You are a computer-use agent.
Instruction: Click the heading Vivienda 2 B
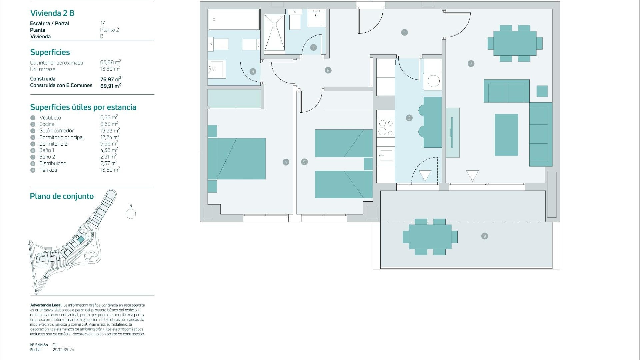52,13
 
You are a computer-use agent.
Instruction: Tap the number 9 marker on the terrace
485,236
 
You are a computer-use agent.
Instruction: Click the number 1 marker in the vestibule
404,32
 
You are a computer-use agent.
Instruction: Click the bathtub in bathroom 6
234,19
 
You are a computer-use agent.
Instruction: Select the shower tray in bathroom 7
274,32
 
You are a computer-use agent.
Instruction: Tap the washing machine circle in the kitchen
433,81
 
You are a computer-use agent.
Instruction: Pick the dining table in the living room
515,43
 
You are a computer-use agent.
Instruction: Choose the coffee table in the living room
506,135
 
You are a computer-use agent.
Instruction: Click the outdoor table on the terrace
430,237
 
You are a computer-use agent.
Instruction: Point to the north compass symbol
131,213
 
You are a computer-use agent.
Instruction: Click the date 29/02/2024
63,350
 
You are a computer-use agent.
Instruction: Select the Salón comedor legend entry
56,131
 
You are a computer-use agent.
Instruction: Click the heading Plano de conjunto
62,196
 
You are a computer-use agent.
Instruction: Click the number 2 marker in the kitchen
409,118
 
